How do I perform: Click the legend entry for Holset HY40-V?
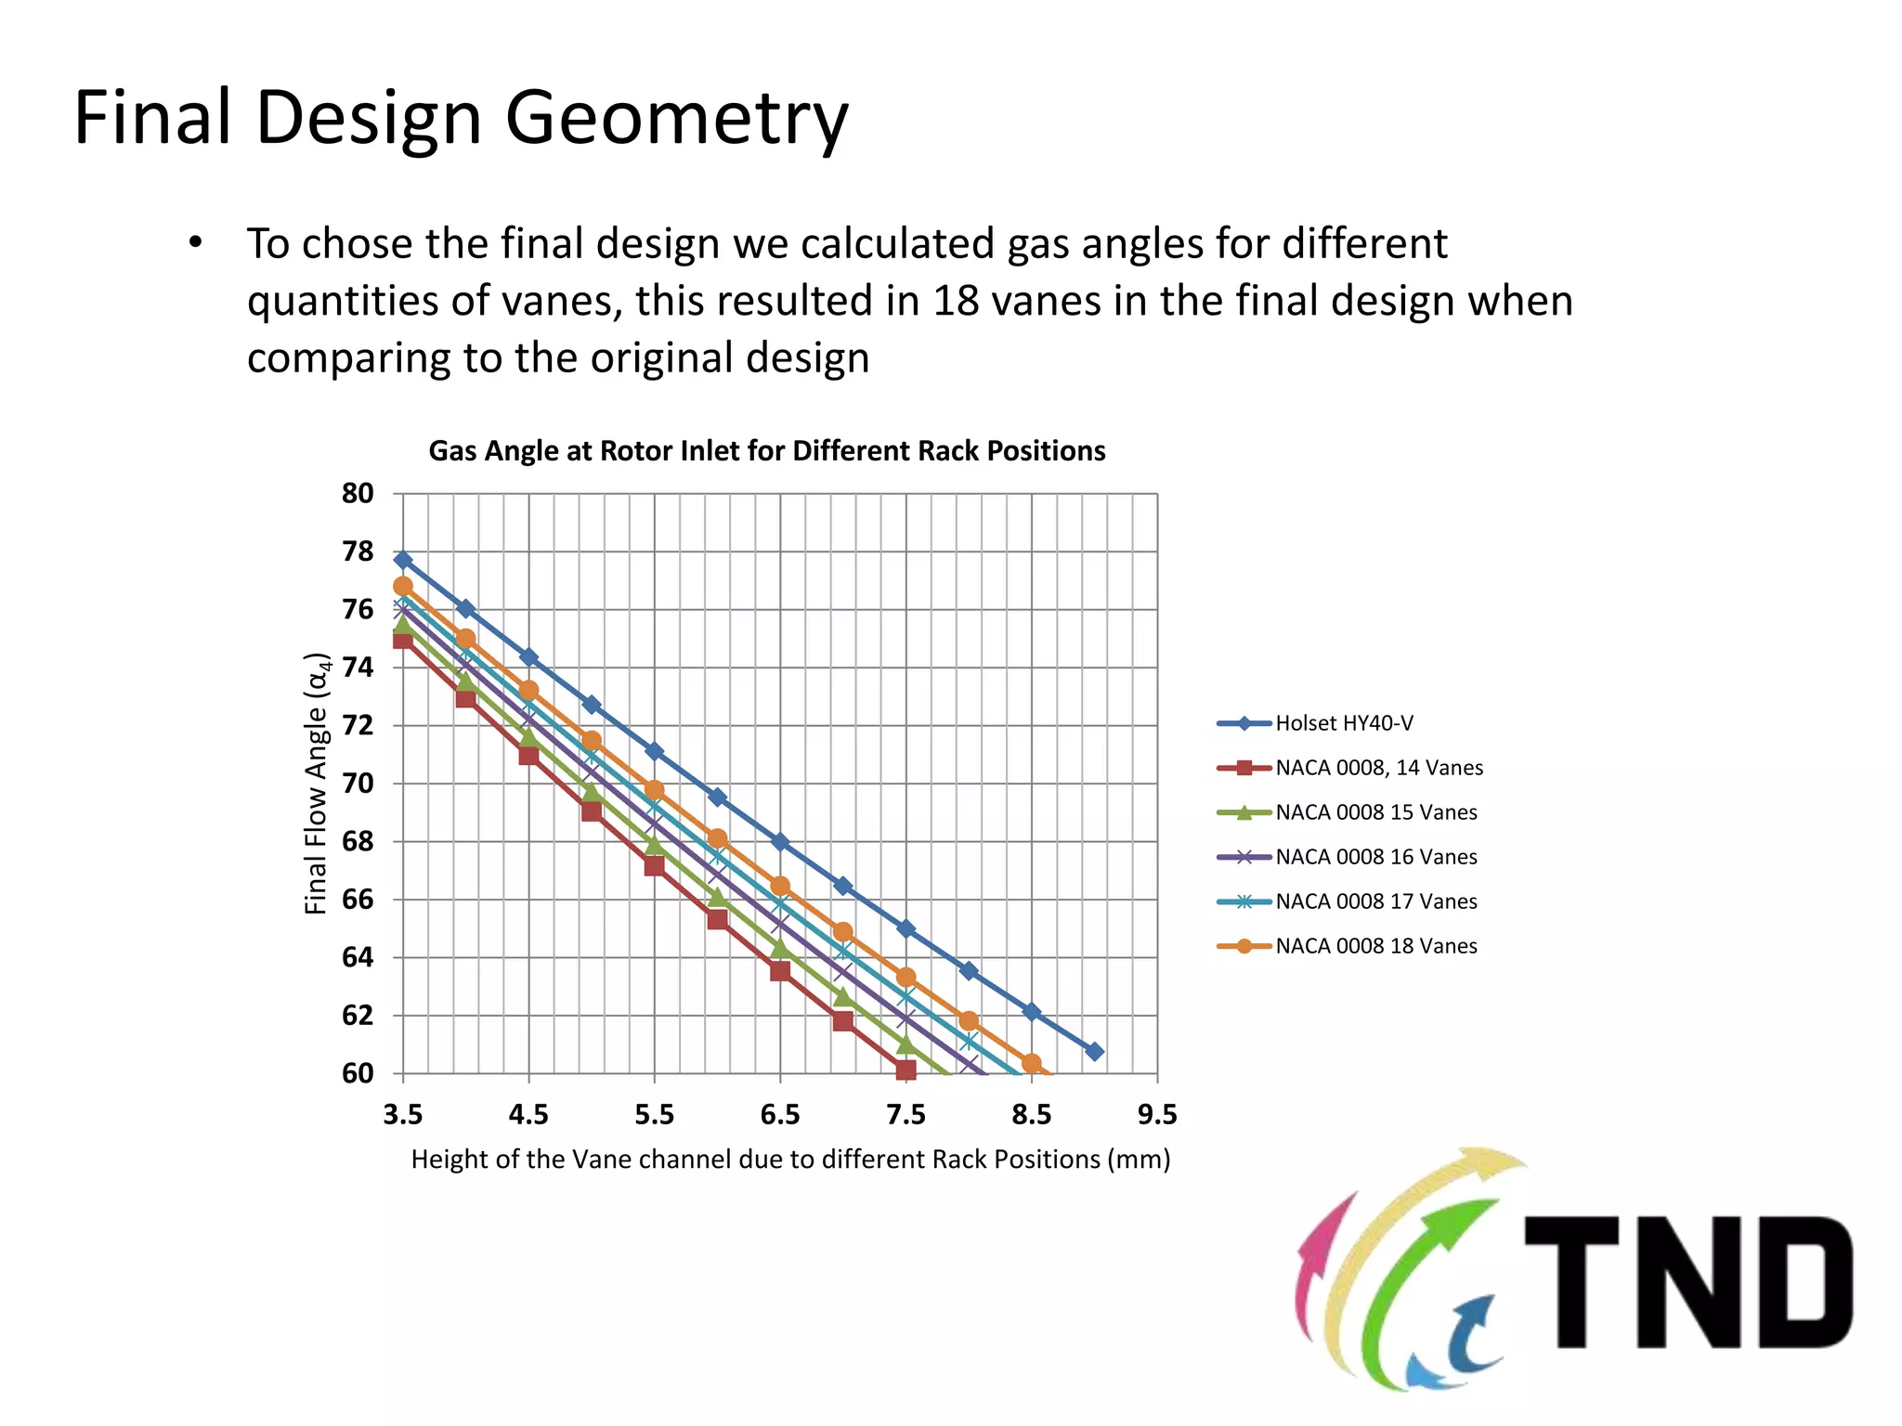coord(1343,723)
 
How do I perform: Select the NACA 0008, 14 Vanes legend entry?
coord(1378,768)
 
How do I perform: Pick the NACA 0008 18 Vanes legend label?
coord(1375,946)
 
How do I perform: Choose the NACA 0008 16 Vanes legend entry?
coord(1375,857)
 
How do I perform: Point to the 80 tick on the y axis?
coord(358,494)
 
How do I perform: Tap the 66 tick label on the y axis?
coord(358,900)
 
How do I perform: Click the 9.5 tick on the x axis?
coord(1157,1114)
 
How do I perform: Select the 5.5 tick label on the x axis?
coord(654,1114)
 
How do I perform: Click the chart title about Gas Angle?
coord(766,451)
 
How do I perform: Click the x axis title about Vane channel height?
coord(790,1160)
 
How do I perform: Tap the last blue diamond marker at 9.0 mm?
coord(1094,1052)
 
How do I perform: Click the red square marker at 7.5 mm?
coord(905,1070)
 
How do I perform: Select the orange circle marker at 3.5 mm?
coord(403,587)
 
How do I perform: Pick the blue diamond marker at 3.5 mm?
coord(403,560)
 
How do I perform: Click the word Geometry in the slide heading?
coord(676,119)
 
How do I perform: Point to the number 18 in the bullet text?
coord(956,301)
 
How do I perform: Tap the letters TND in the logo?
coord(1688,1282)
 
